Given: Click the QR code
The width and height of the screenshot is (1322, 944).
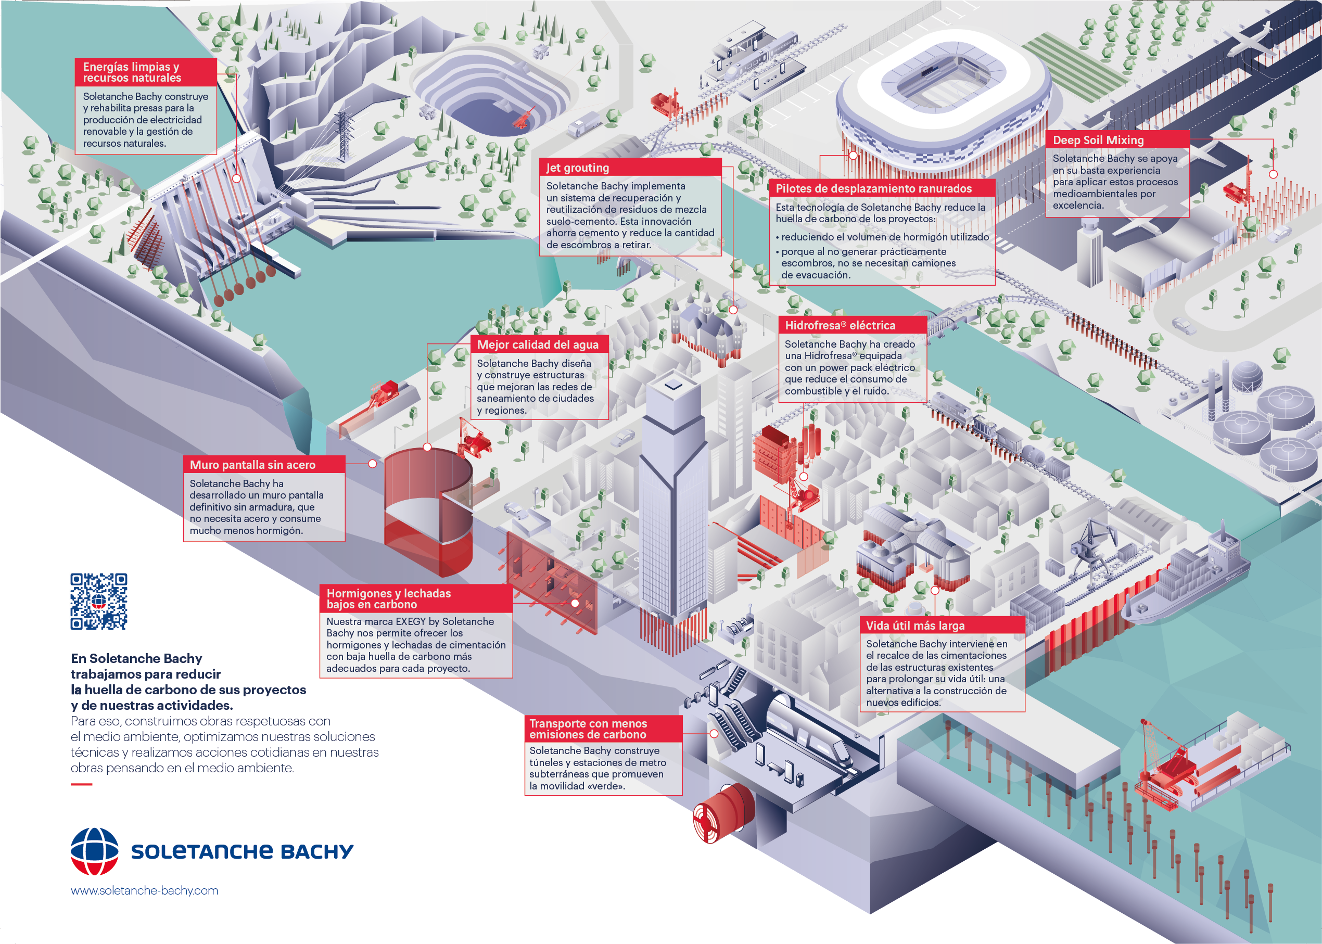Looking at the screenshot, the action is click(x=99, y=602).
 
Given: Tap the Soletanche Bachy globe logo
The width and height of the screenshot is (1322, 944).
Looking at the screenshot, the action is click(x=94, y=851).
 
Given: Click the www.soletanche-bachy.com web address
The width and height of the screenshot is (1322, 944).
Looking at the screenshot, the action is click(x=144, y=890).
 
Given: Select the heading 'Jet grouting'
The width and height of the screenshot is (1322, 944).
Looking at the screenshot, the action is click(x=577, y=168).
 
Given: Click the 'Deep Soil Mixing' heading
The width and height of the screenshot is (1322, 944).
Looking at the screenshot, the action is click(x=1098, y=140).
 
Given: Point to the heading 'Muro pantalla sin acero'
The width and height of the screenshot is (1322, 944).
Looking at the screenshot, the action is click(x=252, y=465).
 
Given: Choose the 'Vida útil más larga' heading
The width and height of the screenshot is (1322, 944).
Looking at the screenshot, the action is click(x=915, y=626).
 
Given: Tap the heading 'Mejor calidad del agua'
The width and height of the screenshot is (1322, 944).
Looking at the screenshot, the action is click(x=538, y=345).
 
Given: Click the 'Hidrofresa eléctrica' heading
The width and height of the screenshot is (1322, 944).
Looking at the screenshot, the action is click(x=840, y=326).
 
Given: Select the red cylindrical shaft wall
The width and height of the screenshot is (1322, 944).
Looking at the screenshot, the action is click(x=428, y=512).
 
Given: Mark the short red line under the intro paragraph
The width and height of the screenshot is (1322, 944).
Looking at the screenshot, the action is click(x=81, y=785).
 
